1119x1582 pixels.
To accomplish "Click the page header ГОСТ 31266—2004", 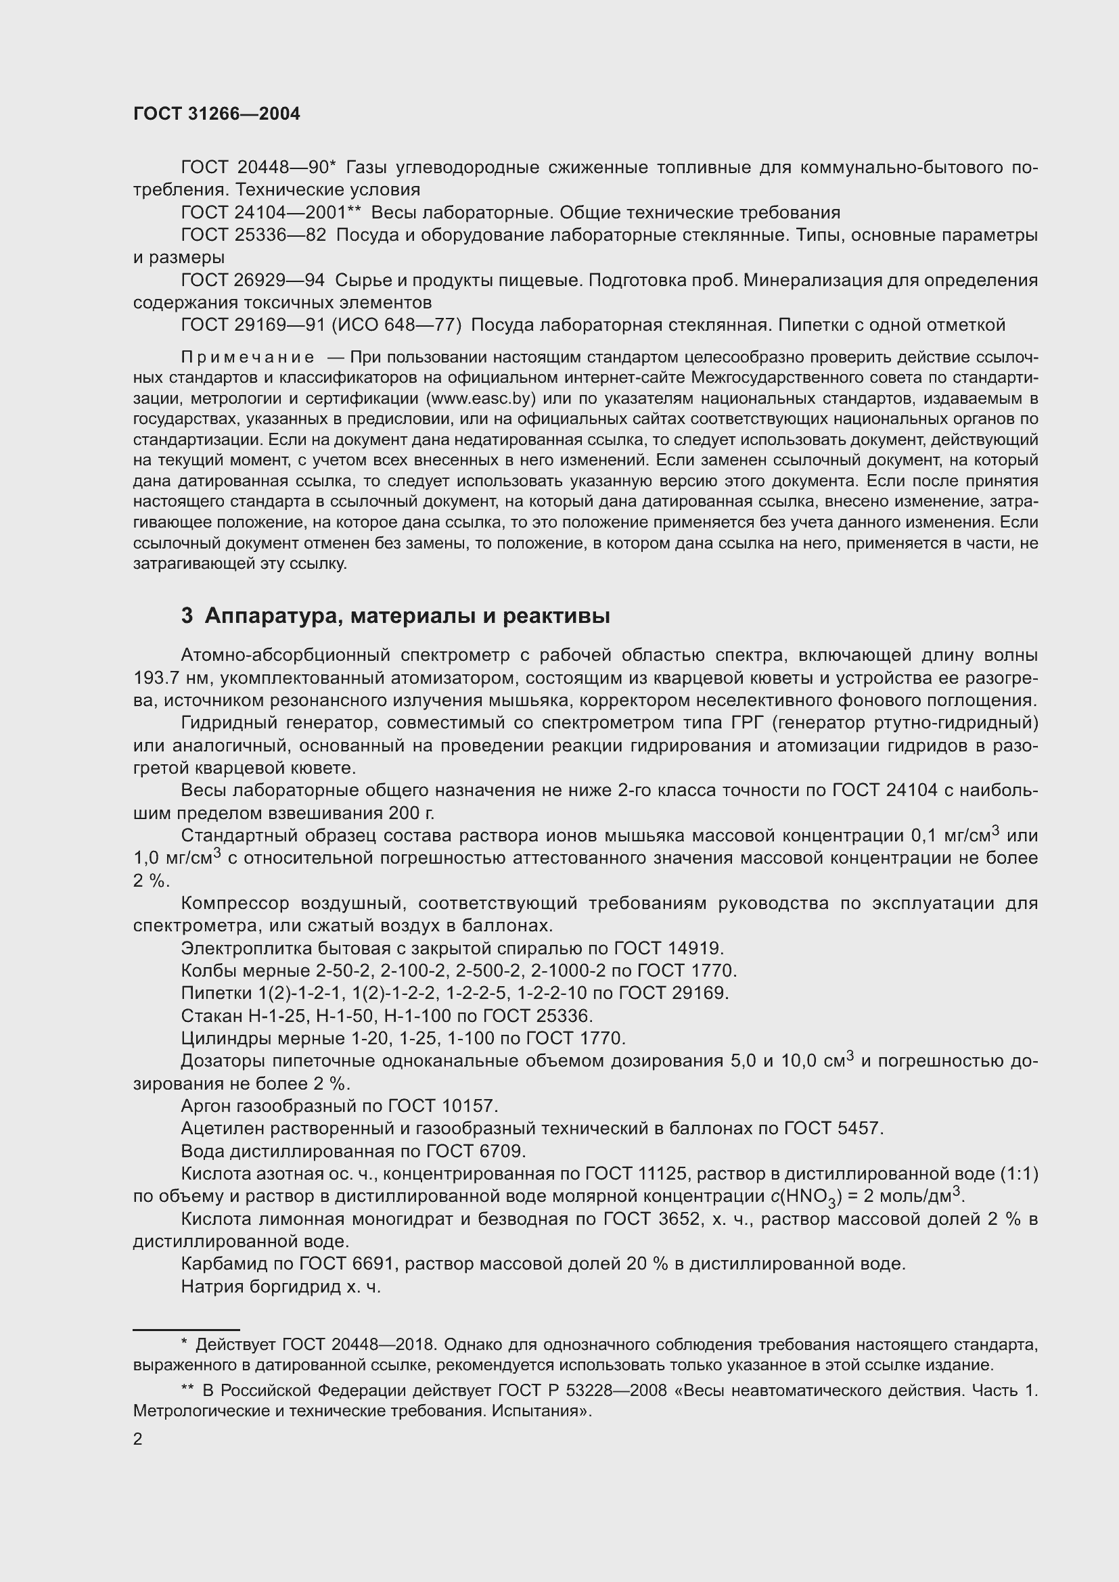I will click(216, 114).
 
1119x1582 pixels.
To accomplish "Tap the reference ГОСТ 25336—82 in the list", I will click(253, 235).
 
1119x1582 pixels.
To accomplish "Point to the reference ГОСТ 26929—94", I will click(252, 281).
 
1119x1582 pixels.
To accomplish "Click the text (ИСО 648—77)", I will click(396, 325).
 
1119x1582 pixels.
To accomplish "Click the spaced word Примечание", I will click(248, 358).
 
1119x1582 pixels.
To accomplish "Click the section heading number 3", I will click(186, 616).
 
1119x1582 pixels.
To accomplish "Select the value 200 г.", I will click(411, 814).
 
